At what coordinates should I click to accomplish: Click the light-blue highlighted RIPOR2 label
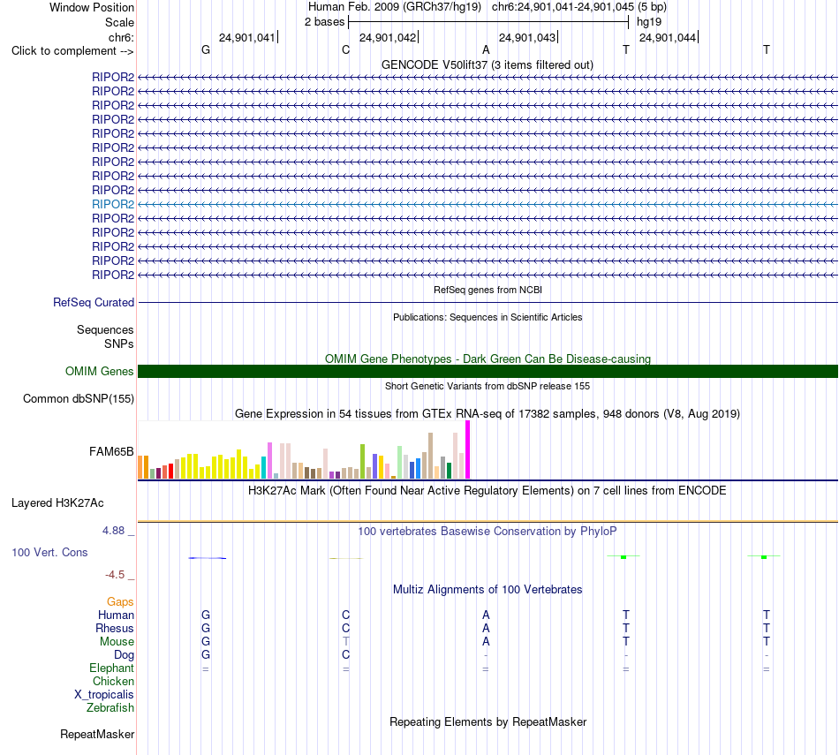[x=113, y=204]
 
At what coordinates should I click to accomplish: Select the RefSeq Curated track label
[x=94, y=302]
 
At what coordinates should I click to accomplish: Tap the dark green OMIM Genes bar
[x=488, y=372]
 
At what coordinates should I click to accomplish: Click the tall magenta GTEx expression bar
[x=468, y=449]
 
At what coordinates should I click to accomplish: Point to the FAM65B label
[x=111, y=451]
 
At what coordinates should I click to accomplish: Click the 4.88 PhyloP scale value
[x=113, y=530]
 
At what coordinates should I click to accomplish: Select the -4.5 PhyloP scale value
[x=115, y=575]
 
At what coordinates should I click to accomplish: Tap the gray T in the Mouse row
[x=346, y=641]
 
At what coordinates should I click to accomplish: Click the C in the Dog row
[x=345, y=654]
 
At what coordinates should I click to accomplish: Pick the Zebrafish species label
[x=110, y=707]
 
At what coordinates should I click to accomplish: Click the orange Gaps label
[x=120, y=602]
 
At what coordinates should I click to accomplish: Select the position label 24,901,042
[x=388, y=37]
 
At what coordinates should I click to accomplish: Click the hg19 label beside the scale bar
[x=649, y=22]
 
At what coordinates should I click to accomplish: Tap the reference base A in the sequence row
[x=486, y=49]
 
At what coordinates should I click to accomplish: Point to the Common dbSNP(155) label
[x=79, y=398]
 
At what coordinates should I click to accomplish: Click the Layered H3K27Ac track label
[x=57, y=503]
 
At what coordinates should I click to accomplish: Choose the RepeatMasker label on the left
[x=97, y=734]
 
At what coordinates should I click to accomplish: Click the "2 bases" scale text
[x=325, y=22]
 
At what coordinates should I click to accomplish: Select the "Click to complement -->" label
[x=72, y=51]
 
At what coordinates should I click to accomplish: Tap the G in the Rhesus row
[x=206, y=628]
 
